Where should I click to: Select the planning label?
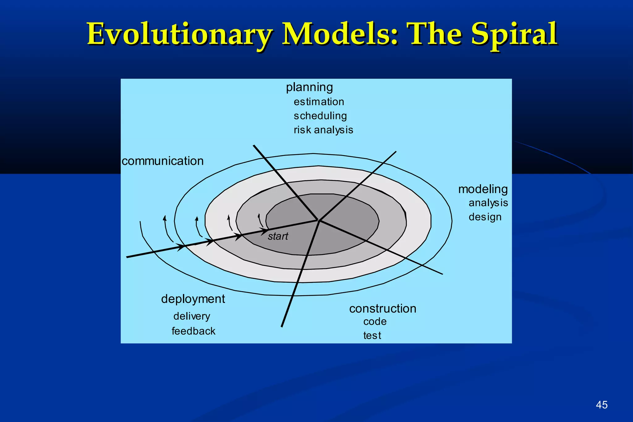309,87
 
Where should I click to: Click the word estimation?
319,102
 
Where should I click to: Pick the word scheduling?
320,116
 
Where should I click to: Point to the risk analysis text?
323,130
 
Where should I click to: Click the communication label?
163,161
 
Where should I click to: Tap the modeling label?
483,189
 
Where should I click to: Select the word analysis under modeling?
488,203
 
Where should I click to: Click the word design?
485,217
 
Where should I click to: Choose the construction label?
383,309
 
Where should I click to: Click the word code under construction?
375,322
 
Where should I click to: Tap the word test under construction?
372,335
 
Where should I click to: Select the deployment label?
193,299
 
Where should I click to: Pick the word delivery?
192,316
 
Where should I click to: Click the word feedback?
193,331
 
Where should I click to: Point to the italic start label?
278,237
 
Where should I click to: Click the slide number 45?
601,405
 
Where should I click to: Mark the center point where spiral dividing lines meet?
319,220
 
